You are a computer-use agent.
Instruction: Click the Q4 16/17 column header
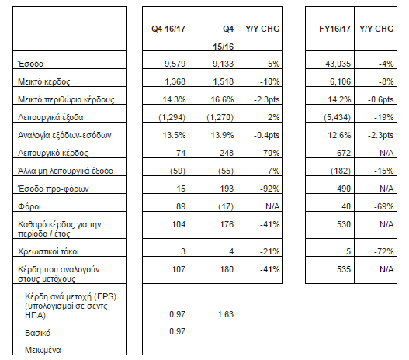point(168,29)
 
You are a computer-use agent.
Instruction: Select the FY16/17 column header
point(335,29)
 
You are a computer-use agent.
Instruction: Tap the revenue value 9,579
point(175,64)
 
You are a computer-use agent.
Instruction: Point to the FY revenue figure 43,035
point(338,64)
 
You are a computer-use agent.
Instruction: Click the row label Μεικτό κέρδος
point(43,81)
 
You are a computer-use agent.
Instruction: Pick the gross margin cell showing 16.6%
point(222,99)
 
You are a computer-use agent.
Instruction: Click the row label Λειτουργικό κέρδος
point(53,153)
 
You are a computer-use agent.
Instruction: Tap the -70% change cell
point(270,153)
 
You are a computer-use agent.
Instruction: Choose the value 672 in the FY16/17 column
point(344,153)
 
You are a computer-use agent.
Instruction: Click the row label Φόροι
point(29,206)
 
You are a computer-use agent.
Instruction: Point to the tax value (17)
point(226,206)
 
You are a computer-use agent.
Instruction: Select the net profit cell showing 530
point(344,224)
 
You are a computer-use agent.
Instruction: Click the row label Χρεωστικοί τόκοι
point(48,251)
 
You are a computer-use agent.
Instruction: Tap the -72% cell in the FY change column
point(383,251)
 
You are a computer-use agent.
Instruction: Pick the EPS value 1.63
point(226,314)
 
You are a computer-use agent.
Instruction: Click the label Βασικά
point(38,333)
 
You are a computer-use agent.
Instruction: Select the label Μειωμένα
point(43,350)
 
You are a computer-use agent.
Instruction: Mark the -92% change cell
point(270,189)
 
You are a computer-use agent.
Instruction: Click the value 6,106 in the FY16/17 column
point(341,81)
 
